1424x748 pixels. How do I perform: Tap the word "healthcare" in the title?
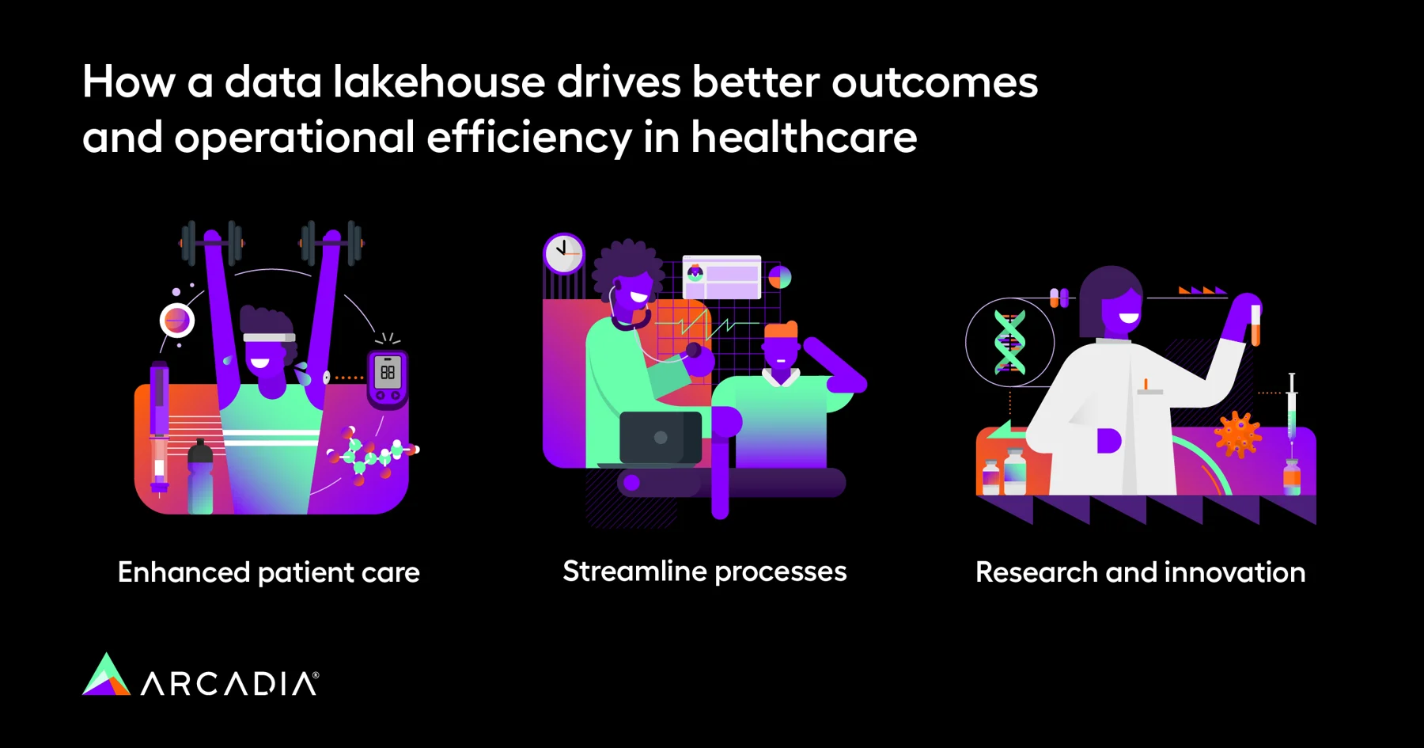coord(804,138)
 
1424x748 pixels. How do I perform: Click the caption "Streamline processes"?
coord(705,571)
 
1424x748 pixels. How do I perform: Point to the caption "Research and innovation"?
coord(1141,572)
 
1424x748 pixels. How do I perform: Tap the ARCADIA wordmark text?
coord(229,683)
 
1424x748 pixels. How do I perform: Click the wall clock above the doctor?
coord(564,253)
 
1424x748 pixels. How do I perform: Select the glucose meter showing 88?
coord(388,379)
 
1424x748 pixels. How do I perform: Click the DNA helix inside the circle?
coord(1009,342)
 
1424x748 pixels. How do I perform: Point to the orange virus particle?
coord(1237,435)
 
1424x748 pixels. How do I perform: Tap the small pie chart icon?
coord(780,277)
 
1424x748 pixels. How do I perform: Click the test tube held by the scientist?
coord(1255,325)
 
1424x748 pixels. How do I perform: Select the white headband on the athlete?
coord(269,338)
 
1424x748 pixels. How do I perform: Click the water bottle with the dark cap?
coord(200,478)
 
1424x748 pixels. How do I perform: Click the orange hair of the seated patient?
coord(781,331)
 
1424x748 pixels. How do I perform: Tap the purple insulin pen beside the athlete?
coord(159,427)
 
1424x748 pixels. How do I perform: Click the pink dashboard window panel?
coord(721,277)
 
